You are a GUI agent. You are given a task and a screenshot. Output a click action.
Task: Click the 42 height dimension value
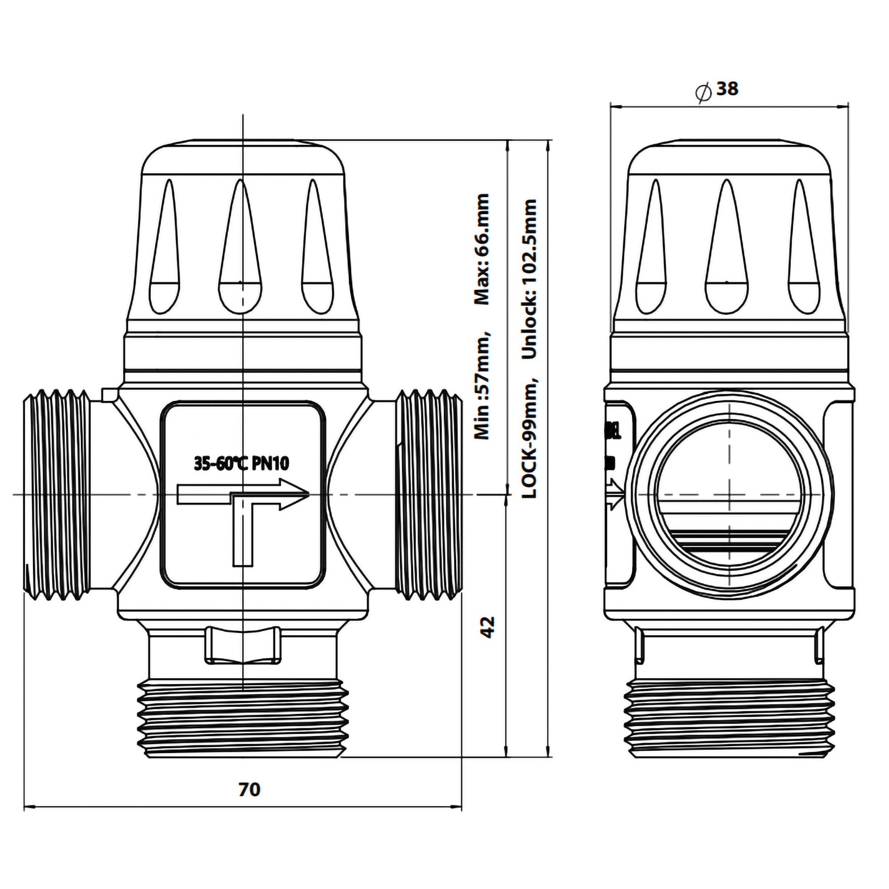(487, 627)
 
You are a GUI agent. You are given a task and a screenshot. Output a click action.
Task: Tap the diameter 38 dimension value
(727, 89)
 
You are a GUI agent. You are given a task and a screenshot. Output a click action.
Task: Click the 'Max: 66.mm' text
(481, 249)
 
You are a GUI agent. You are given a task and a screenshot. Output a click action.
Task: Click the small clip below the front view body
(243, 645)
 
